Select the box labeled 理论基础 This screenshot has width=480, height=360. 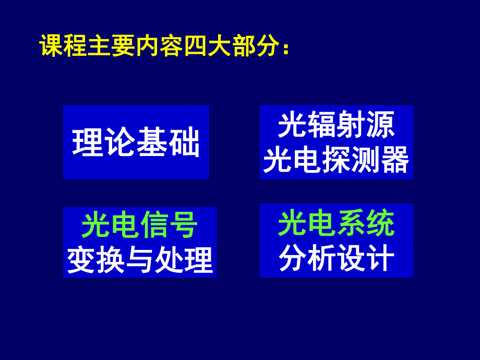click(x=136, y=142)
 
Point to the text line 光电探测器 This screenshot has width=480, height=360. click(x=336, y=160)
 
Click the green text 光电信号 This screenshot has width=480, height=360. click(x=139, y=226)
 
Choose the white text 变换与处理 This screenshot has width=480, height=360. click(x=140, y=260)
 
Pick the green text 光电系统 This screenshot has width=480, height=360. click(x=336, y=224)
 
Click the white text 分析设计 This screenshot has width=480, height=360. click(x=336, y=258)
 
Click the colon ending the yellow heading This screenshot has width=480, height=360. click(x=285, y=48)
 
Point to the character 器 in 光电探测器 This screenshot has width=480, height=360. click(x=394, y=160)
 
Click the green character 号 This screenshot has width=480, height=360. click(x=183, y=226)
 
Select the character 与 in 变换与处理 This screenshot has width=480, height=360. click(x=140, y=260)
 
